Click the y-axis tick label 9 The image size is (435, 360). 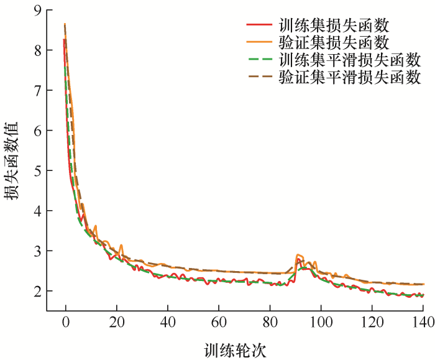click(x=38, y=11)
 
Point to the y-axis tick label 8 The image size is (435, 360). click(x=38, y=50)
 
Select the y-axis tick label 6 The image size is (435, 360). click(x=38, y=131)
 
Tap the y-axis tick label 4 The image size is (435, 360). click(x=38, y=211)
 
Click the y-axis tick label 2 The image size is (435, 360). click(x=38, y=291)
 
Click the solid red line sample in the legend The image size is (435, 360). click(x=259, y=25)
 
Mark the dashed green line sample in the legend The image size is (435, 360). click(x=259, y=60)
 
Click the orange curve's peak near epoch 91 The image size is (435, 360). click(x=299, y=255)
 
